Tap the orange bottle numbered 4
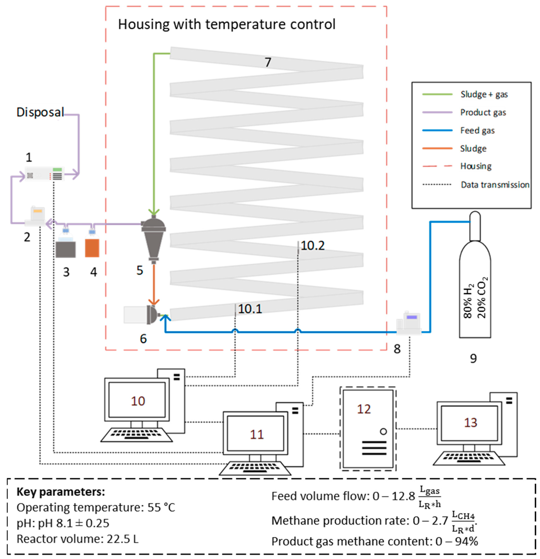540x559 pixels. [x=92, y=248]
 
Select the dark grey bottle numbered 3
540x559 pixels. [x=66, y=249]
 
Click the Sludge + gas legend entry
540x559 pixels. [x=484, y=94]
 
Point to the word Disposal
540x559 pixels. [x=40, y=112]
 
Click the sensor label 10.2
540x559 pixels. [x=312, y=246]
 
